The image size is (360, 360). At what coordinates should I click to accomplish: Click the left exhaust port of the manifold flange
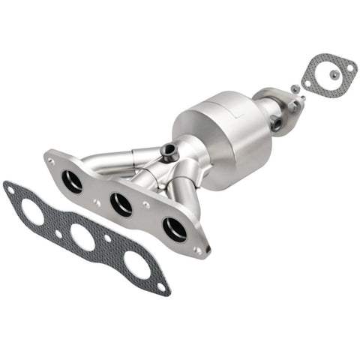(x=73, y=180)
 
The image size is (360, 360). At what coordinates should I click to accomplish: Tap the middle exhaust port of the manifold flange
(x=121, y=203)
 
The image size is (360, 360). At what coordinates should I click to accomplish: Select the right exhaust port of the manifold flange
(x=174, y=229)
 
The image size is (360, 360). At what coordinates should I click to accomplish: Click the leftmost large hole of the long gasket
(x=32, y=212)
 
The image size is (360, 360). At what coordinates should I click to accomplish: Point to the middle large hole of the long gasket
(x=82, y=238)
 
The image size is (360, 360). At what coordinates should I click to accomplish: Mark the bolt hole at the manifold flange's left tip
(x=51, y=160)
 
